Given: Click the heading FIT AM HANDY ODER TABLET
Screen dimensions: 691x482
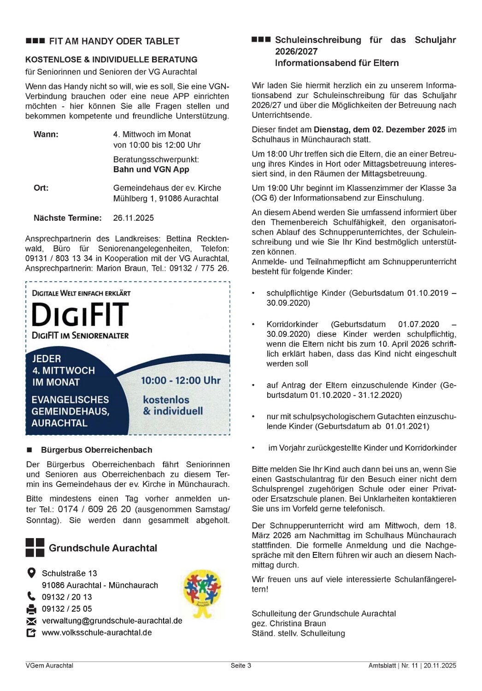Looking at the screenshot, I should coord(114,41).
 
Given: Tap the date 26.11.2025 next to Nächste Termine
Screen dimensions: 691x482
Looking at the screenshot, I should coord(133,218).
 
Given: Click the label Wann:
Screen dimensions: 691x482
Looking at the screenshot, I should coord(46,135).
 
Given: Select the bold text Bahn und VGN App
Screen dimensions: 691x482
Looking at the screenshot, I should coord(151,170).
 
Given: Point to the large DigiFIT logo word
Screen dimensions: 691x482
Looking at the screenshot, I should coord(80,315).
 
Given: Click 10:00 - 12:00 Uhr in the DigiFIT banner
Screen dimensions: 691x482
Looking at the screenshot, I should coord(181,381).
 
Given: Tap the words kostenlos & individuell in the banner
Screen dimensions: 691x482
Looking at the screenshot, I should coord(172,405).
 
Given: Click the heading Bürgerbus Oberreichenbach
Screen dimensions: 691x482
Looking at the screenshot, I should coord(96,450).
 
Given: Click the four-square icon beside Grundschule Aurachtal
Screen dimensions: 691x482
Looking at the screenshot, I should coord(35,548).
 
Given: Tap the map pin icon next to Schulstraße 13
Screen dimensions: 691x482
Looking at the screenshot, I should coord(31,573).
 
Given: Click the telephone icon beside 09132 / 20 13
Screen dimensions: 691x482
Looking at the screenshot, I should coord(31,597).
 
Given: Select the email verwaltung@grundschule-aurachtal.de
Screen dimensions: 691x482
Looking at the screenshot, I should coord(112,621).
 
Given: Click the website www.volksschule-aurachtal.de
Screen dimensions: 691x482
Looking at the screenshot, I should coord(97,633).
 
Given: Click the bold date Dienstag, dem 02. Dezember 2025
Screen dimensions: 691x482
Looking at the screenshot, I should coord(379,130).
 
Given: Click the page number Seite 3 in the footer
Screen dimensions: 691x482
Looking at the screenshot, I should coord(241,666).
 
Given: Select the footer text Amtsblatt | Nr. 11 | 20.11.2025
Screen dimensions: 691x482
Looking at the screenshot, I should coord(412,666).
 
